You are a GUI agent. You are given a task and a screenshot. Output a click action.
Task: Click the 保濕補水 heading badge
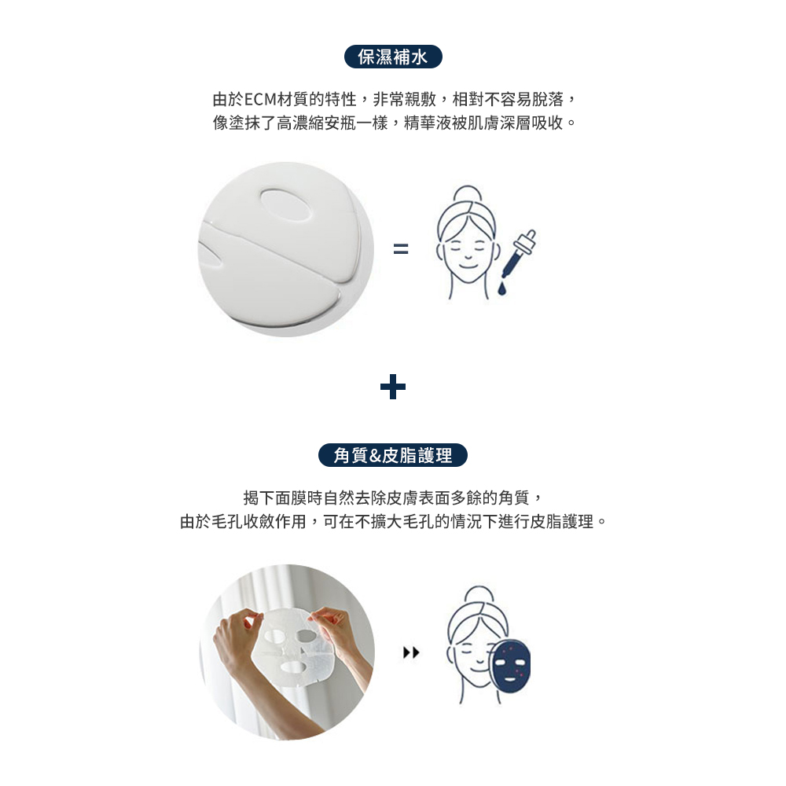tap(393, 57)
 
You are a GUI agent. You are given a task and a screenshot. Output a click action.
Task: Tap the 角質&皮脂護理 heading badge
tap(393, 455)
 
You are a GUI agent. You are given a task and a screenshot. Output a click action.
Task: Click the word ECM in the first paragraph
tap(260, 100)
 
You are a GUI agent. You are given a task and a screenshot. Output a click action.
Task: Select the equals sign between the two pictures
tap(401, 248)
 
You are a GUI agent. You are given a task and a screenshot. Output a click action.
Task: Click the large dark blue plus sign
tap(393, 387)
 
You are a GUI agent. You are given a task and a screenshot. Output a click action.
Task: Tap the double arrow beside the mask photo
tap(411, 652)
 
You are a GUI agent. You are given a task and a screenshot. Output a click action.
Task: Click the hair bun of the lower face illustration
tap(479, 594)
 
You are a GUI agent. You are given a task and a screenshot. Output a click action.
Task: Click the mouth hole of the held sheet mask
tap(292, 667)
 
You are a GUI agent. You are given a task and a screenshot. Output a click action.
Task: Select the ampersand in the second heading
tap(374, 456)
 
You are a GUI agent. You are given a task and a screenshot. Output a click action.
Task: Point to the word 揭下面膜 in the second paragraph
tap(274, 498)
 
